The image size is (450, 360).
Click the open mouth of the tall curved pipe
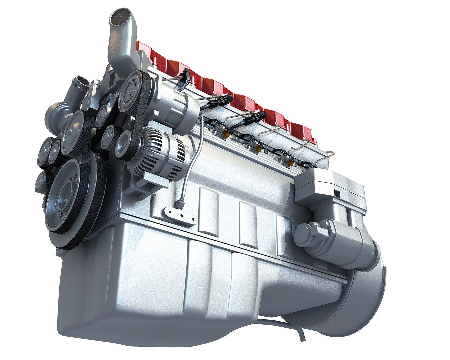pyautogui.click(x=117, y=19)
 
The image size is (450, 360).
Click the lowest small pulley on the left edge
pyautogui.click(x=40, y=182)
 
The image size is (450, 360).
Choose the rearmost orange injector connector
pyautogui.click(x=290, y=163)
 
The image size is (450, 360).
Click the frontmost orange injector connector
pyautogui.click(x=225, y=134)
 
